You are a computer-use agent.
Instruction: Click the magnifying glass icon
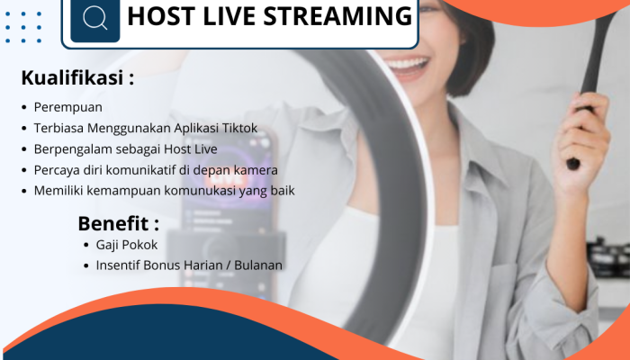(95, 18)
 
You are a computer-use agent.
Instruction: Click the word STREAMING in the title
(337, 16)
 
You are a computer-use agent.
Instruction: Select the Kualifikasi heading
(77, 77)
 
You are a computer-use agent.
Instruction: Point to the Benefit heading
(118, 223)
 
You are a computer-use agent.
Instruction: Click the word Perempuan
(67, 108)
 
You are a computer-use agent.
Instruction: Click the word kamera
(256, 170)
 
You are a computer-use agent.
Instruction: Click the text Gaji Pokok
(127, 245)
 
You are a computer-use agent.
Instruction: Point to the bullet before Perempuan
(24, 108)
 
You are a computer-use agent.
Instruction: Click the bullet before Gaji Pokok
(86, 245)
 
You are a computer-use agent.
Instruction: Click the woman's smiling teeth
(407, 64)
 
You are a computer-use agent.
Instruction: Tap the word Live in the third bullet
(206, 149)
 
